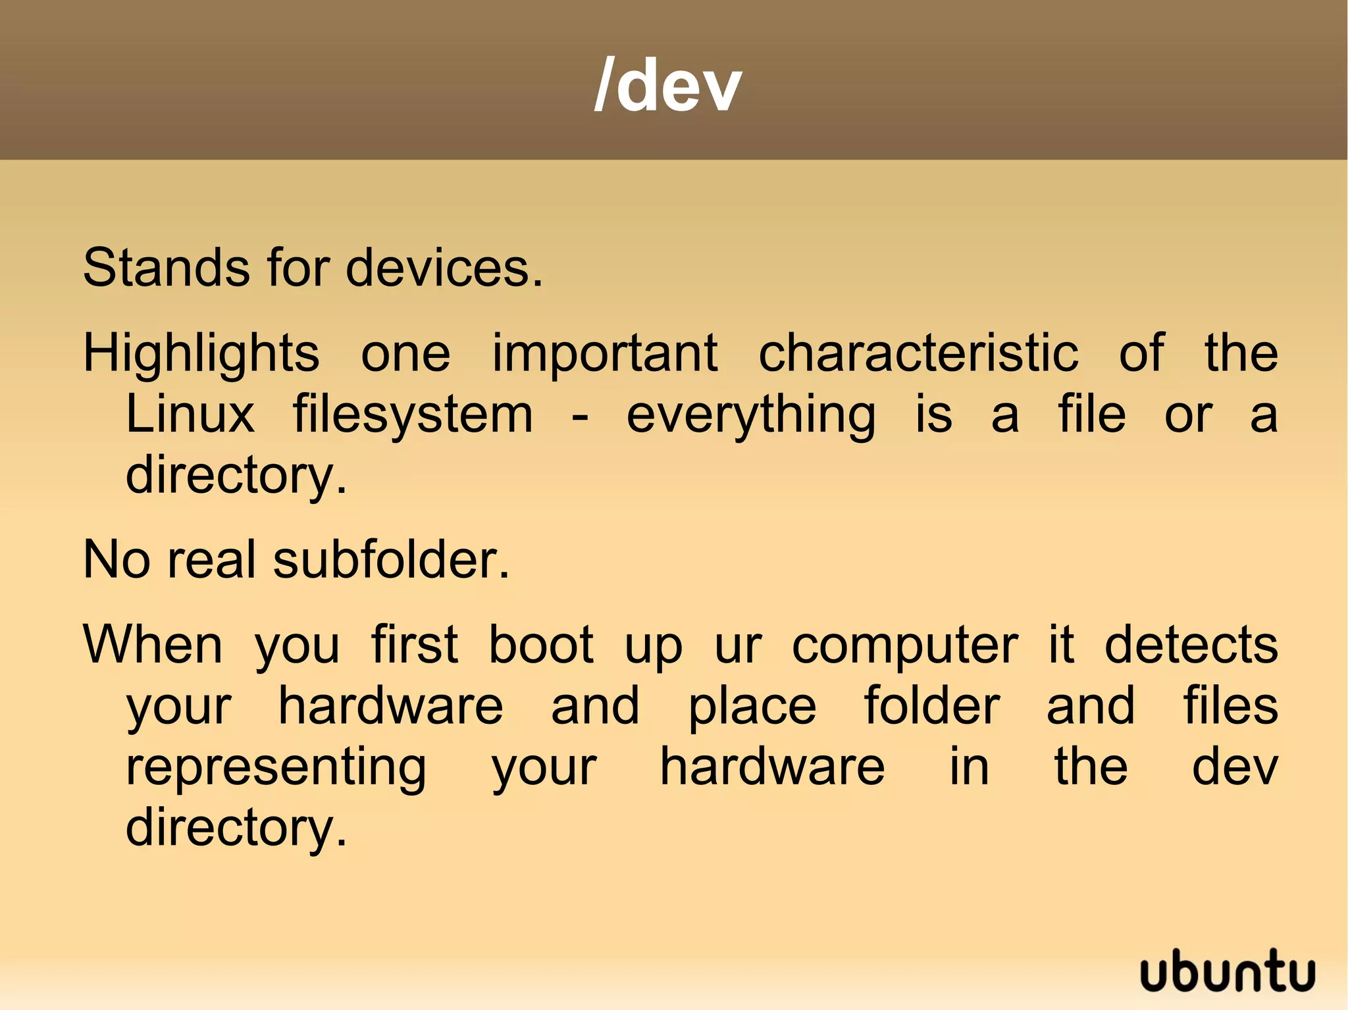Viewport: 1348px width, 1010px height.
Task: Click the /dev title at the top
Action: [x=667, y=86]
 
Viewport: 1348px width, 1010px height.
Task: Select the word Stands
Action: [x=166, y=268]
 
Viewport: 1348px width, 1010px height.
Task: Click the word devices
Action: [x=444, y=268]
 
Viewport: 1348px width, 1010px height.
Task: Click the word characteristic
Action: [x=919, y=353]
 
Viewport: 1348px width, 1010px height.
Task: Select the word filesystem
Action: [x=413, y=416]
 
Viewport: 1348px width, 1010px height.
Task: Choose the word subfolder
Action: [x=391, y=560]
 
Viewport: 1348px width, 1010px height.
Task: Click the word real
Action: [x=211, y=560]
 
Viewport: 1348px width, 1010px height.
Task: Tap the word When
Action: [x=153, y=645]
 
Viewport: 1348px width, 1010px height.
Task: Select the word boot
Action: [x=541, y=645]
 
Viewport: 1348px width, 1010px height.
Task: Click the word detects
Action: [x=1191, y=645]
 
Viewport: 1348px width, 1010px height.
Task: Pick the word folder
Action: [x=932, y=706]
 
